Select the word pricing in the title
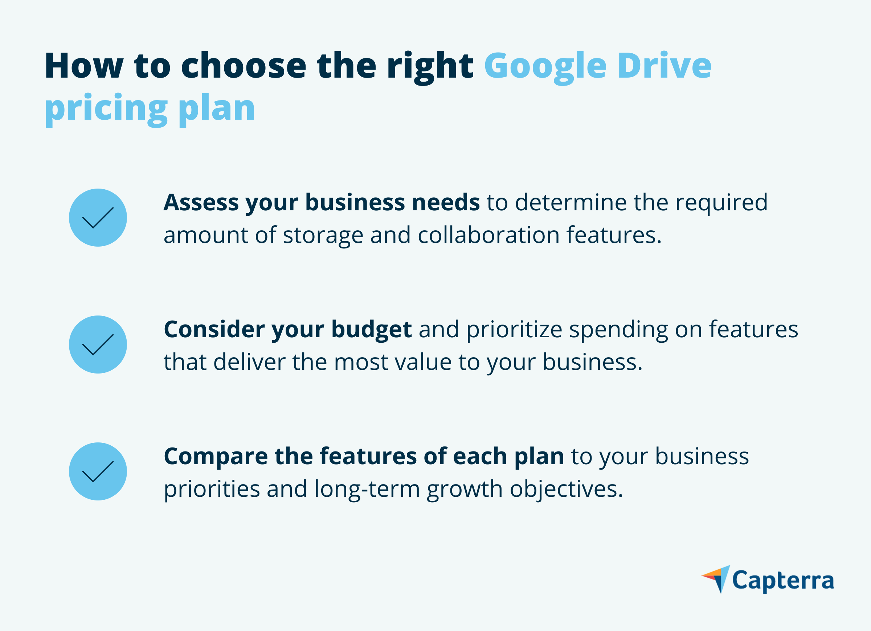tap(106, 109)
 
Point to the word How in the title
tap(84, 66)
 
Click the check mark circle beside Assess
tap(98, 218)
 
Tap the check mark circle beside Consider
tap(98, 345)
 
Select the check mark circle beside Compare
tap(98, 471)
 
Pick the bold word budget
tap(371, 329)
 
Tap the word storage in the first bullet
tap(323, 235)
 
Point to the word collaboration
tap(488, 235)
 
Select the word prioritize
tap(514, 329)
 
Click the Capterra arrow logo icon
tap(717, 579)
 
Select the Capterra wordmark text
tap(783, 581)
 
